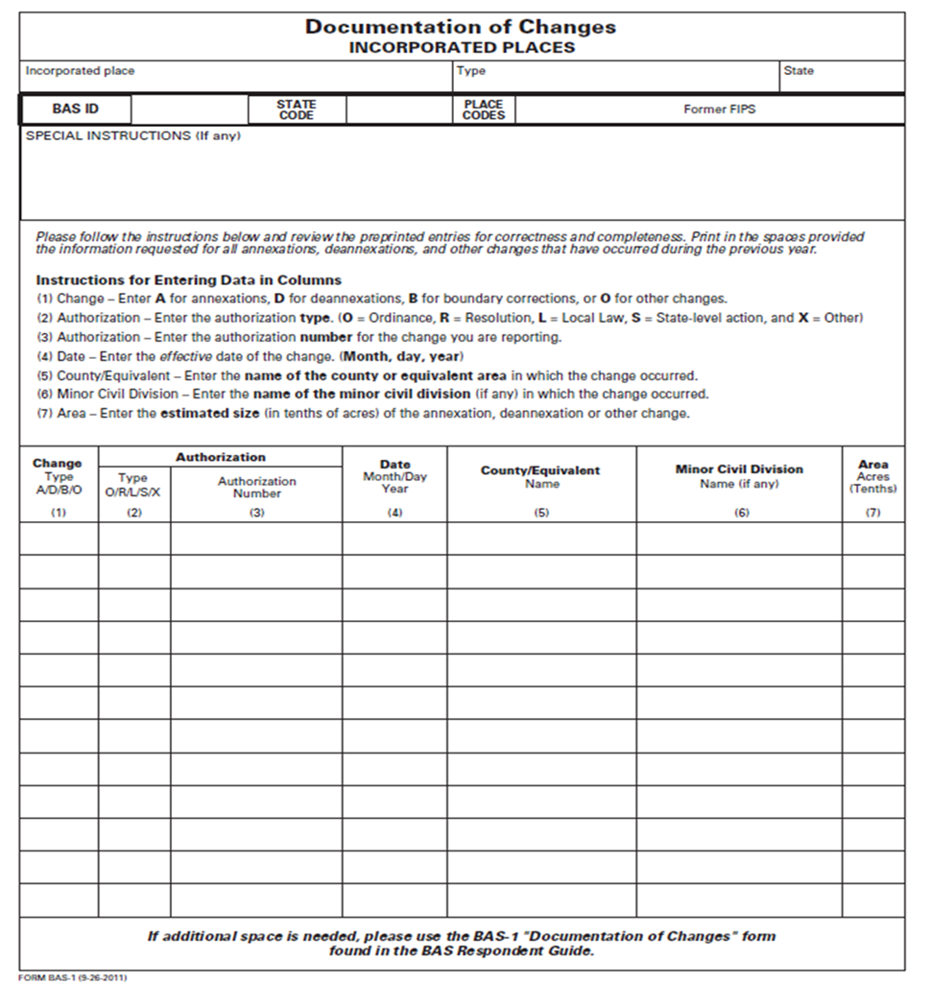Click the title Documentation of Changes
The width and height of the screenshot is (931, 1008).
(461, 27)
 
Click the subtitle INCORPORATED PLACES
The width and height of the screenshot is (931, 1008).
(461, 47)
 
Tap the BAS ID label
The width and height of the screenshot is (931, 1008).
(75, 109)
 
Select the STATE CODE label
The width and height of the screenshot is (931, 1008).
(297, 109)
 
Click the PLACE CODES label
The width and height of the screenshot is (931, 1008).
(483, 109)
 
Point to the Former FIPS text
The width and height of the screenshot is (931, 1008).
(719, 109)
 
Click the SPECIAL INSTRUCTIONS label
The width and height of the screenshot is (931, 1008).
(132, 136)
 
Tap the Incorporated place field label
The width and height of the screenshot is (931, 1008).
(80, 71)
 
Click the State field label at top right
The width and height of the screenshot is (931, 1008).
(799, 71)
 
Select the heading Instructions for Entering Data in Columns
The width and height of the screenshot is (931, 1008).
(188, 280)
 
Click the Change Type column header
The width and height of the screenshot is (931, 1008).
(59, 475)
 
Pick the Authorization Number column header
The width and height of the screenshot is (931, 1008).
(256, 487)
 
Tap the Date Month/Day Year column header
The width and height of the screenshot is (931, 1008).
(394, 476)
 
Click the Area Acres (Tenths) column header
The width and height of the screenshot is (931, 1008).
(872, 476)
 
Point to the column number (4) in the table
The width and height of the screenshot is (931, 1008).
(394, 513)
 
